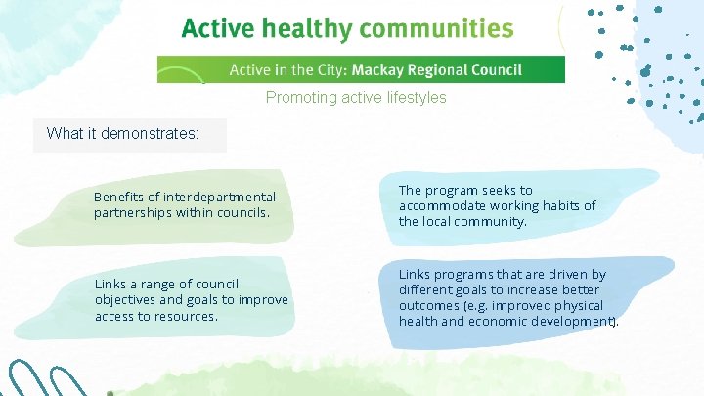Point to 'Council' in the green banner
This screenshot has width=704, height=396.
(496, 70)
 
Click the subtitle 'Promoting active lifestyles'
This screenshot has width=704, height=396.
(356, 98)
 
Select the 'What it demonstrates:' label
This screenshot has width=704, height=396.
(122, 134)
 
